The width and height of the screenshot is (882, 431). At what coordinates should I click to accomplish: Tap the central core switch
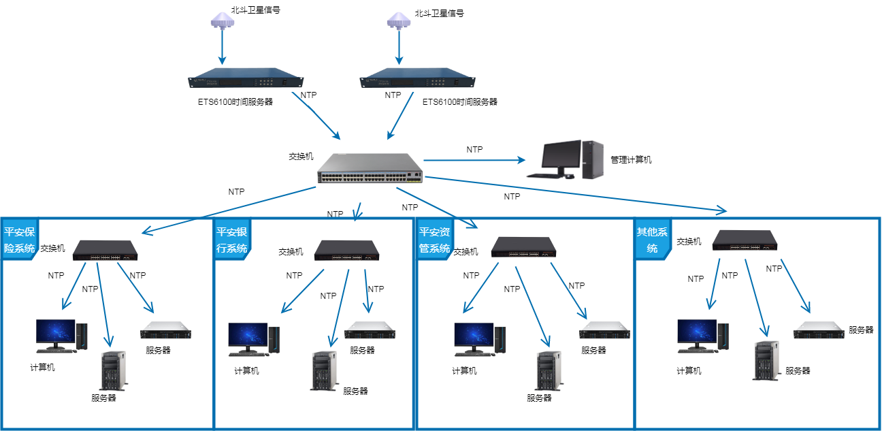370,169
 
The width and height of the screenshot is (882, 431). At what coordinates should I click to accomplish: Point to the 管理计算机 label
631,160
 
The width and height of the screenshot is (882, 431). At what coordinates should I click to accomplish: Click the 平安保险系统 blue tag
20,239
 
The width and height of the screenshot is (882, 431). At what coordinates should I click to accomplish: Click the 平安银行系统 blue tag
231,239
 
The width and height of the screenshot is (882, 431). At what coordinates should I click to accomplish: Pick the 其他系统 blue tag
652,239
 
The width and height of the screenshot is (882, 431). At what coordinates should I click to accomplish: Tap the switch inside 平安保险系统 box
105,250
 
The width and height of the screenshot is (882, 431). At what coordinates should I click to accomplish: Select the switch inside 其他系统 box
746,240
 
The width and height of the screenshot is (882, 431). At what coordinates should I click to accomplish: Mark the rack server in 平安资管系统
605,331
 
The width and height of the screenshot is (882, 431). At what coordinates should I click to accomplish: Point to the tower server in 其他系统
766,360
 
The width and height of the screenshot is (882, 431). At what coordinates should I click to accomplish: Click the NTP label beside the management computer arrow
474,148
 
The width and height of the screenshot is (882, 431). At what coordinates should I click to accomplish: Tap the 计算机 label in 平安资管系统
464,371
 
